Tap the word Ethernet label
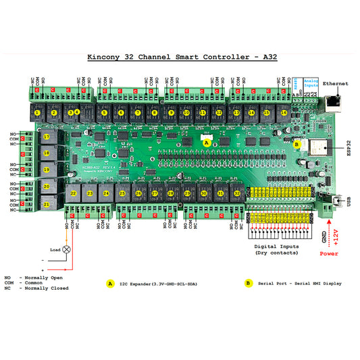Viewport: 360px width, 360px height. pos(336,83)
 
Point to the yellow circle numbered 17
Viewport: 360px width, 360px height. pos(46,137)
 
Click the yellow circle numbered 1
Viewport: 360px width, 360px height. pos(38,113)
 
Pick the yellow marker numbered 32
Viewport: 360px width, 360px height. pos(236,193)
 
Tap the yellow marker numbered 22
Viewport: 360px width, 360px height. pos(73,193)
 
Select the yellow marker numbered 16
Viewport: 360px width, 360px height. pos(284,113)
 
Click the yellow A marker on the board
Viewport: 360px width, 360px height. pos(207,143)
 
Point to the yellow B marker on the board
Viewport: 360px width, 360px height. pos(297,143)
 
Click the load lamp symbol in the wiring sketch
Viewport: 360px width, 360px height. pos(66,249)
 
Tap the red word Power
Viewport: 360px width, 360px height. pos(329,255)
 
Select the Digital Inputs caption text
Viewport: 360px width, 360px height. pos(277,249)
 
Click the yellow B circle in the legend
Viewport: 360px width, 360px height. pos(249,283)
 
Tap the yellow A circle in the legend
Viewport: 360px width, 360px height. pos(109,283)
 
